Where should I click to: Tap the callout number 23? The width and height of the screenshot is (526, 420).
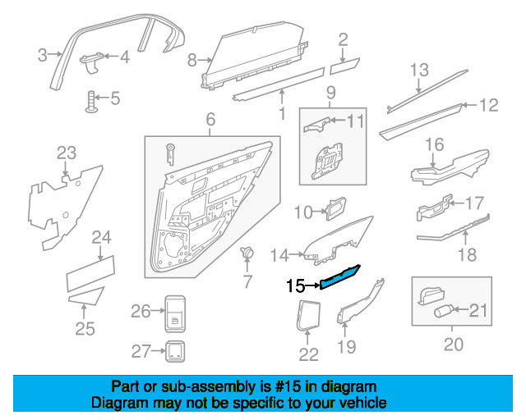coord(66,152)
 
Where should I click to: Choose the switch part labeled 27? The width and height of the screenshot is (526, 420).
coord(174,351)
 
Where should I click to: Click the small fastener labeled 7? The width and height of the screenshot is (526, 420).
coord(245,253)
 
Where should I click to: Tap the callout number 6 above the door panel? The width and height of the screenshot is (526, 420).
coord(210,120)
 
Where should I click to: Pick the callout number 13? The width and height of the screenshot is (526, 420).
coord(420,70)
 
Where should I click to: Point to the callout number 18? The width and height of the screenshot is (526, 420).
coord(467,254)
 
